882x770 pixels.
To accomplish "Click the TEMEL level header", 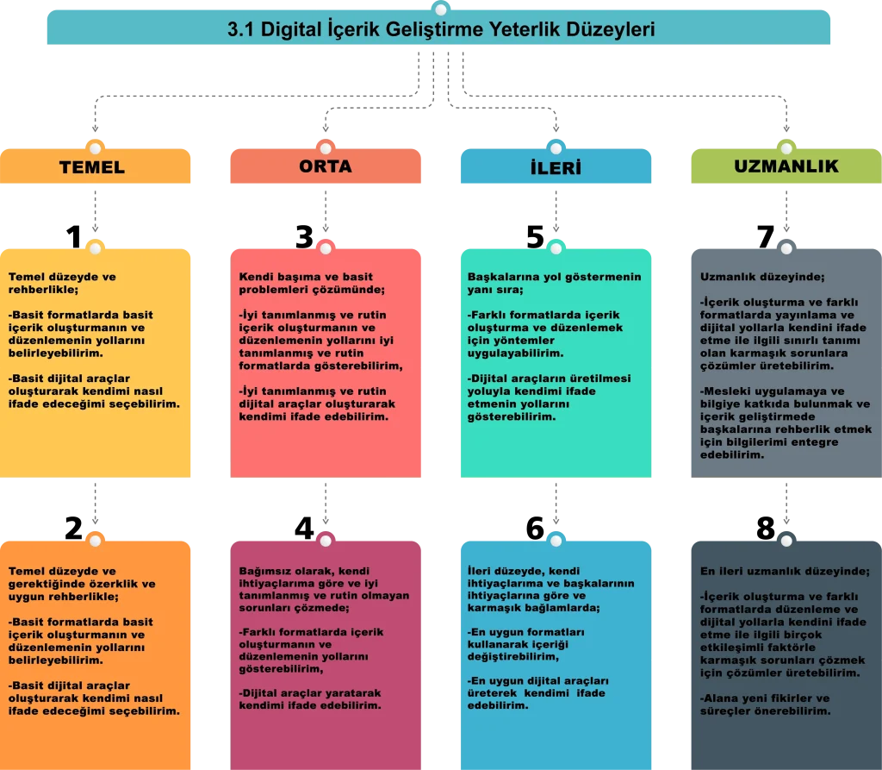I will point(92,167).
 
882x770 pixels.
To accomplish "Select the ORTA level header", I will point(326,166).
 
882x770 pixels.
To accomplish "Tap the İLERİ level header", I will point(556,167).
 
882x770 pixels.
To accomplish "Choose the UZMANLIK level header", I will point(786,166).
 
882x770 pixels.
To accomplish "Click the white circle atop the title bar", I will point(441,9).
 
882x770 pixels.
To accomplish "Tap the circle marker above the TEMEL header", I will point(96,147).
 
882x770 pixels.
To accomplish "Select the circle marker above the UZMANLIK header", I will point(786,147).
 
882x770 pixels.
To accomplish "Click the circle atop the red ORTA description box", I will point(326,248).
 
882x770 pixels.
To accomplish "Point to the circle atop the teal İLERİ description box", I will point(556,248).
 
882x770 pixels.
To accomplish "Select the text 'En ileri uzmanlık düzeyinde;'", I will point(785,571).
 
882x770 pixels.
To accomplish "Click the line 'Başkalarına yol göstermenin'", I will point(554,277).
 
